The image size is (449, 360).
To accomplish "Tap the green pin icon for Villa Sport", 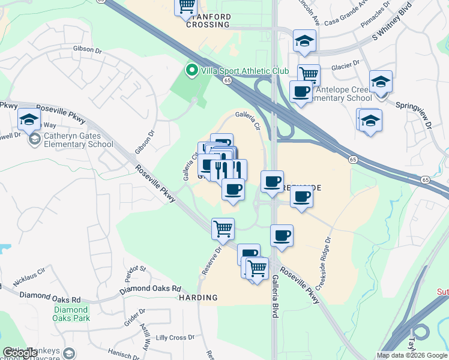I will (192, 71).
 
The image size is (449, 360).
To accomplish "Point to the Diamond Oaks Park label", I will (71, 314).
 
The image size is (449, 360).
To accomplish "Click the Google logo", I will (20, 353).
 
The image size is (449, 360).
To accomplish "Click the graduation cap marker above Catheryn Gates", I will (29, 119).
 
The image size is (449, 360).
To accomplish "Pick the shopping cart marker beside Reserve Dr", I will (223, 229).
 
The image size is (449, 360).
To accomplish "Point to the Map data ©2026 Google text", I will (411, 355).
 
